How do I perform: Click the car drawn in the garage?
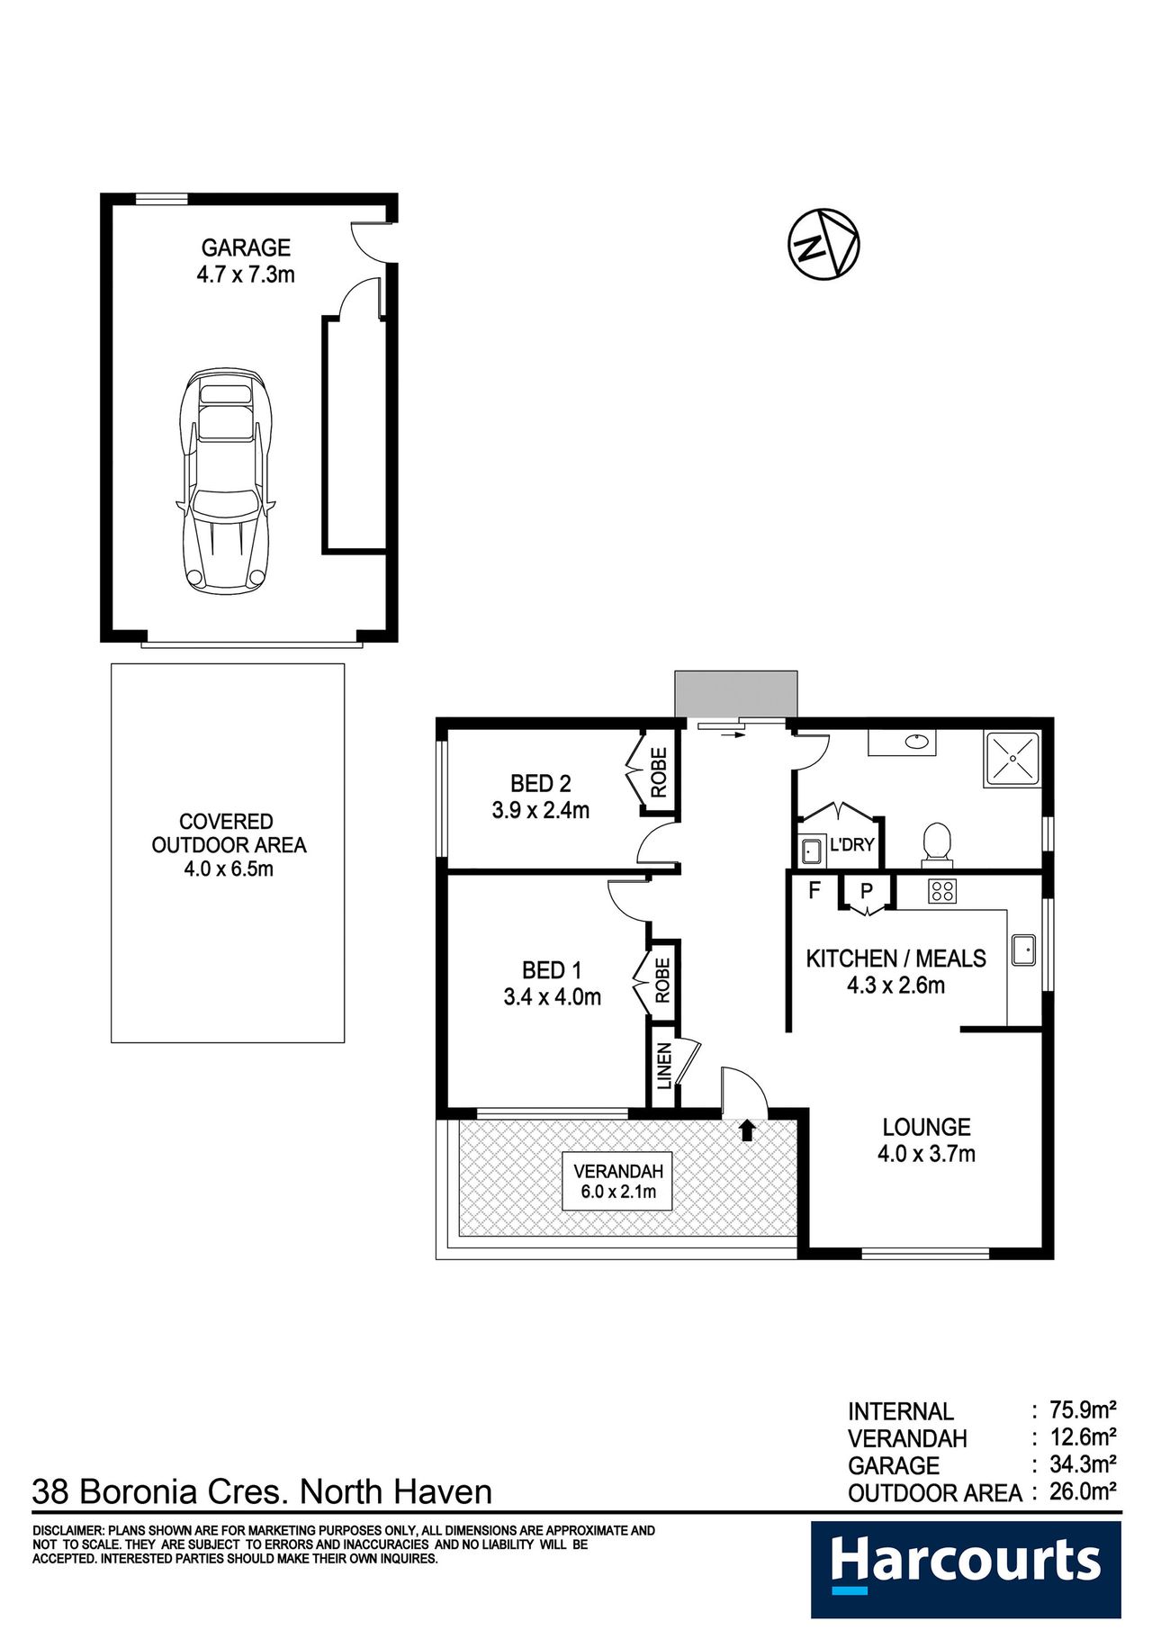[x=226, y=480]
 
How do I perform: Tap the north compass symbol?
[x=823, y=244]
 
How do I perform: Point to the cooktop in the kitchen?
[x=942, y=891]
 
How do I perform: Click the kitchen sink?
[x=1023, y=950]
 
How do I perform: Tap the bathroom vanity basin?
[x=915, y=742]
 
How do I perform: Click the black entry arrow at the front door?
[x=746, y=1130]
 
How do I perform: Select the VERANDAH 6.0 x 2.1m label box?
[x=618, y=1181]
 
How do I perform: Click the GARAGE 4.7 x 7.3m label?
[x=246, y=261]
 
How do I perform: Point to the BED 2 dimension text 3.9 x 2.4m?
[x=541, y=810]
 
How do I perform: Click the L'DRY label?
[x=851, y=845]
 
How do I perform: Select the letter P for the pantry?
[x=867, y=891]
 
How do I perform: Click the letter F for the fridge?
[x=814, y=890]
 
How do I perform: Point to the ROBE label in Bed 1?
[x=663, y=980]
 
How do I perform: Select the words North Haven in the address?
[x=396, y=1491]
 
